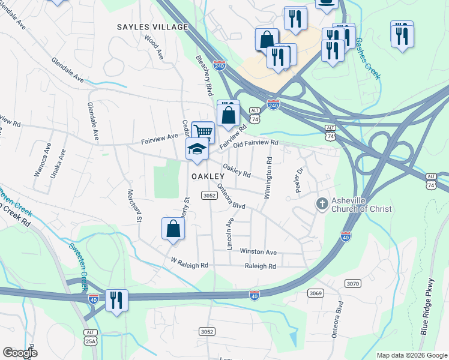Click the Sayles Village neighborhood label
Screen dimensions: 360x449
click(153, 27)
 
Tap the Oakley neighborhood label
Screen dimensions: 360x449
click(208, 177)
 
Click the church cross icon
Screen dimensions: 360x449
click(322, 205)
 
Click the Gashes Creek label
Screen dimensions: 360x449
click(367, 59)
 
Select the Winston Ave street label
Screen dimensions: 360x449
click(258, 252)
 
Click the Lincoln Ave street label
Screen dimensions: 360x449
click(230, 233)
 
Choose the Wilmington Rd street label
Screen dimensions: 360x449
click(268, 178)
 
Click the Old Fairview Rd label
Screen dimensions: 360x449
click(256, 143)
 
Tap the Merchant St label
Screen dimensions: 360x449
click(134, 206)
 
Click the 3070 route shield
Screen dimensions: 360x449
click(352, 283)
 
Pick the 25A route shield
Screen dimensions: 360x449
click(90, 341)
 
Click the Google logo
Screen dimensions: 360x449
click(20, 353)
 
